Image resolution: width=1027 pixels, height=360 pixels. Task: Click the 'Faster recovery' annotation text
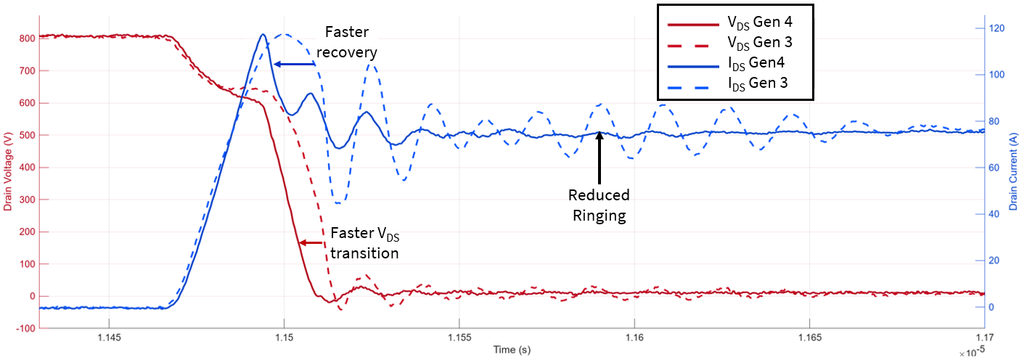pyautogui.click(x=351, y=42)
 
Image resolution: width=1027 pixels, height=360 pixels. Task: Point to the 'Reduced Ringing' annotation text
pyautogui.click(x=599, y=205)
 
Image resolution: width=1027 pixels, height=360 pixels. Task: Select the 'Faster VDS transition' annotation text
pyautogui.click(x=364, y=243)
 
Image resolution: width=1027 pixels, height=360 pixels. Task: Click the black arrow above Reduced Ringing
pyautogui.click(x=600, y=156)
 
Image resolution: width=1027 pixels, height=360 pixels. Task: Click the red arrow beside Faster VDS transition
pyautogui.click(x=312, y=242)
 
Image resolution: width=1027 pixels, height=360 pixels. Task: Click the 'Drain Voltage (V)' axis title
pyautogui.click(x=9, y=174)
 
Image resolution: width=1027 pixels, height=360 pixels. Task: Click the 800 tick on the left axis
pyautogui.click(x=27, y=38)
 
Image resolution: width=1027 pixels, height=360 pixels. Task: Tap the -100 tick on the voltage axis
pyautogui.click(x=25, y=328)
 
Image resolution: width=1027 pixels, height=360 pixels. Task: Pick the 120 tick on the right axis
pyautogui.click(x=999, y=28)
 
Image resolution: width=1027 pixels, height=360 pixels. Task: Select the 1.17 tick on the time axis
pyautogui.click(x=984, y=338)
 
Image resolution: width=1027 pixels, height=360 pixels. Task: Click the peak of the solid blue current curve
pyautogui.click(x=263, y=34)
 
